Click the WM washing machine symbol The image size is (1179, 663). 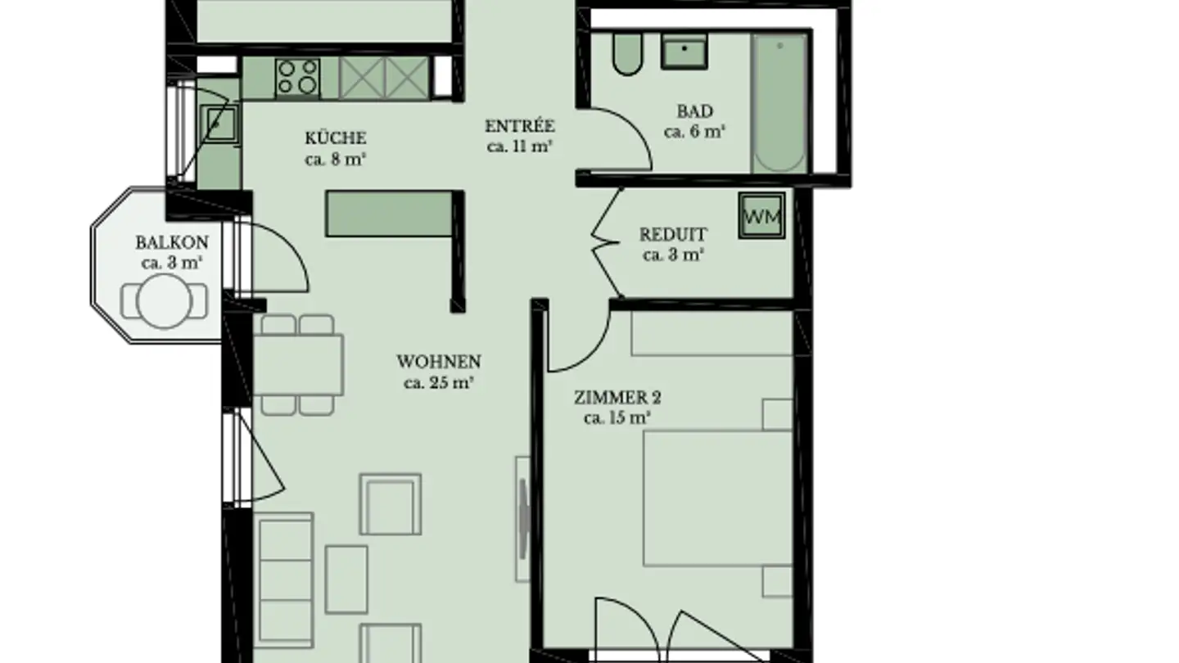click(761, 215)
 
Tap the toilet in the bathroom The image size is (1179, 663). click(627, 53)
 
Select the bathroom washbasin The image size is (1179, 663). click(684, 51)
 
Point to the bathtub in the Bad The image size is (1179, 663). click(779, 103)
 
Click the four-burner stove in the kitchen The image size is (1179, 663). click(298, 77)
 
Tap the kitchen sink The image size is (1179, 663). click(219, 124)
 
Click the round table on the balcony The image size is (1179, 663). click(164, 301)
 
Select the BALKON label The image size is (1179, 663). click(172, 242)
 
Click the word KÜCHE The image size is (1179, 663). click(336, 138)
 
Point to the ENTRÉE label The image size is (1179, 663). click(519, 126)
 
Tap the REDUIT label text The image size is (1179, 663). click(673, 234)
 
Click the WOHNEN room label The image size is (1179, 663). click(439, 362)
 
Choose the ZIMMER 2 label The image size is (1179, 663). click(617, 398)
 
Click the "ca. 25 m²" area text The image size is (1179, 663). click(439, 382)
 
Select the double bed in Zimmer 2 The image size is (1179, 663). click(717, 498)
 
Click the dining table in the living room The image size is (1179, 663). click(298, 365)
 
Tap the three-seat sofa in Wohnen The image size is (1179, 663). click(285, 580)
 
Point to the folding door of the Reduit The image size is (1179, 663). click(607, 243)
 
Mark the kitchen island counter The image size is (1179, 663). click(390, 214)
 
